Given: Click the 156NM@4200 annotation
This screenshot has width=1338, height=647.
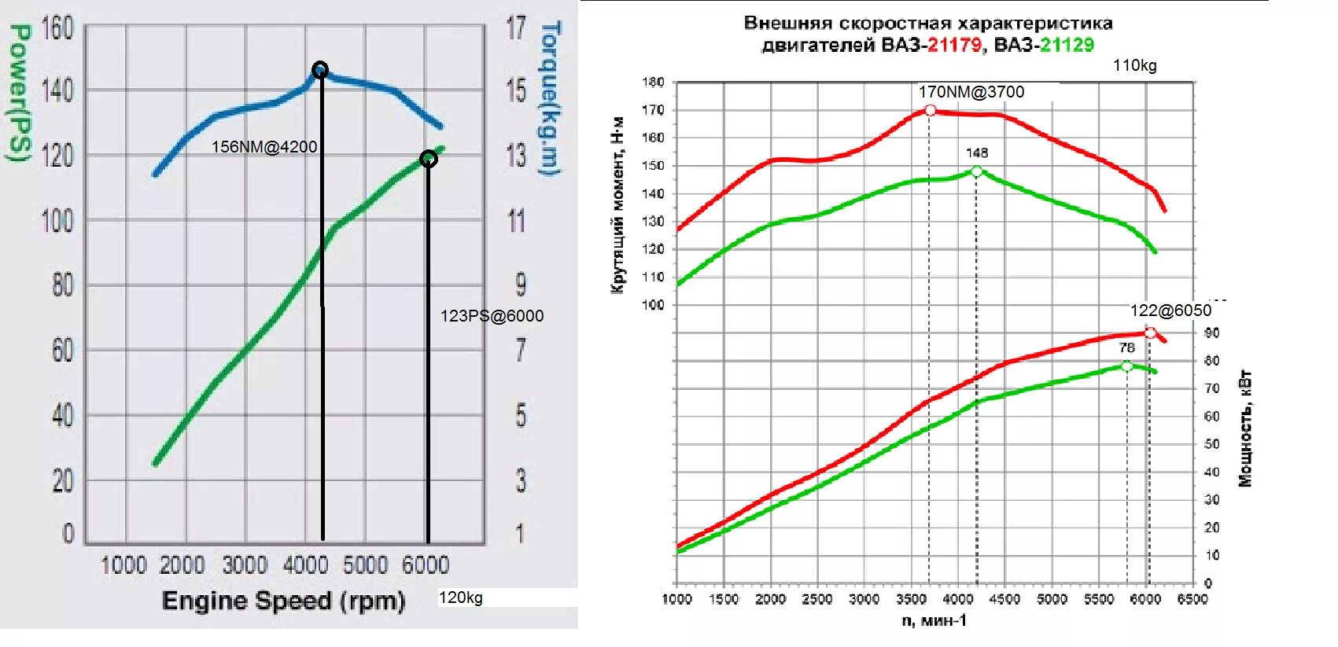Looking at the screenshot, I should tap(264, 147).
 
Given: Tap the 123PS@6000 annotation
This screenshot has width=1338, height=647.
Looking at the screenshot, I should tap(492, 316).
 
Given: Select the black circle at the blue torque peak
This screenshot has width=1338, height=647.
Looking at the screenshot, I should tap(319, 70).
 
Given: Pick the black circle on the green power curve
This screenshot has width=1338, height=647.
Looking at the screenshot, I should tap(428, 159).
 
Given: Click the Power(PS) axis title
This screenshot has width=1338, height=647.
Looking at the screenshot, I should tap(20, 92).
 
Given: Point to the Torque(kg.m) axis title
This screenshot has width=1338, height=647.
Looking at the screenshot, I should tap(550, 97).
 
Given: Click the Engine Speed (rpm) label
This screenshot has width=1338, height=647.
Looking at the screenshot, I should tap(283, 601).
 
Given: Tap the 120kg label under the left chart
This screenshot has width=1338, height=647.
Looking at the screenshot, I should tap(460, 597).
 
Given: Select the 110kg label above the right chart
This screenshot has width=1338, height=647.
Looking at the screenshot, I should tap(1134, 66).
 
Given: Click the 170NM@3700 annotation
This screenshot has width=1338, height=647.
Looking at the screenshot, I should tap(971, 92).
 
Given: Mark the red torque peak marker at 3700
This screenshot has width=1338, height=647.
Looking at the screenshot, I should tap(930, 111).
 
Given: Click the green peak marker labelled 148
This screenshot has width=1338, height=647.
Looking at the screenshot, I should tap(976, 171).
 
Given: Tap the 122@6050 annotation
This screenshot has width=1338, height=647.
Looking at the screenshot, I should tap(1170, 311).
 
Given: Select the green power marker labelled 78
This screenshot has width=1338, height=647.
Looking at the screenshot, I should tap(1126, 366).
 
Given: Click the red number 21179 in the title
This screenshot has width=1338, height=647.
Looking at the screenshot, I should tap(954, 45).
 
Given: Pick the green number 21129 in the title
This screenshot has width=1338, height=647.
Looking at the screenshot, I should tap(1067, 45).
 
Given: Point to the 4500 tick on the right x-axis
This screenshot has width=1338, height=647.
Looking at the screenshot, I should tap(1004, 599).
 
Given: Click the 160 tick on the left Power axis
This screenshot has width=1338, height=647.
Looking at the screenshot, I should tap(57, 28).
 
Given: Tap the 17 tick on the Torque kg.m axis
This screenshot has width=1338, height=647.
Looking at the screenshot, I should tap(516, 28).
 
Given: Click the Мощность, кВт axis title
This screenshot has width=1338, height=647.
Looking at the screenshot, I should tap(1245, 428).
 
